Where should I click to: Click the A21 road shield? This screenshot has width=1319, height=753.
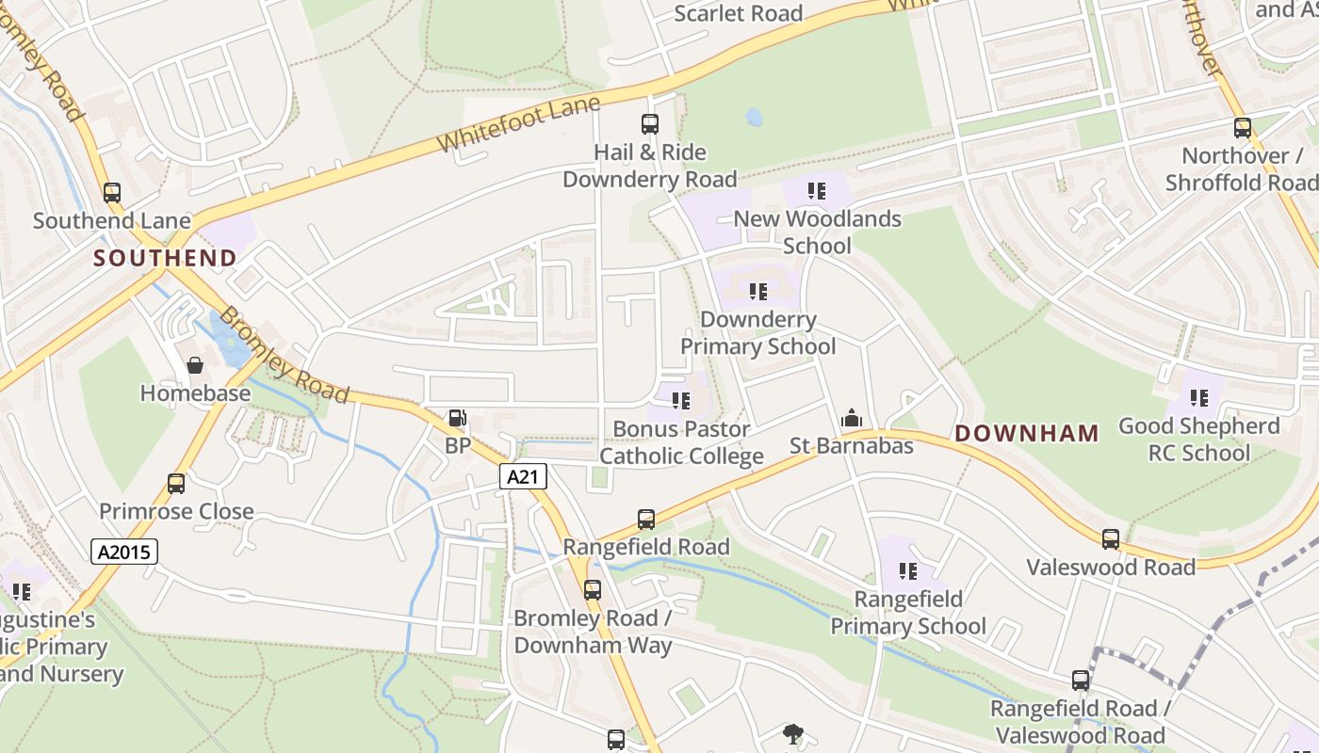click(522, 476)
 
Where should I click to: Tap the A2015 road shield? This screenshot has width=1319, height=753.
click(124, 551)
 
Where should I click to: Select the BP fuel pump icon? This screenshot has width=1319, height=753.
click(457, 418)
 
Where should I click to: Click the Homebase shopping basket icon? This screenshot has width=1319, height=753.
click(195, 365)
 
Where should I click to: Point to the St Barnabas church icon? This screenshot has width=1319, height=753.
click(851, 418)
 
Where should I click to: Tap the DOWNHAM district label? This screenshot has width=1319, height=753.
click(1027, 434)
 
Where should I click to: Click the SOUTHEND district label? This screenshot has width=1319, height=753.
click(165, 258)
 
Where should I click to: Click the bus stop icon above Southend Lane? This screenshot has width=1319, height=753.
click(112, 193)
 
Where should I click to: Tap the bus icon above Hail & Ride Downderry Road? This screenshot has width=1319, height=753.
click(650, 123)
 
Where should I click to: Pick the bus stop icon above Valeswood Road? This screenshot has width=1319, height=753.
click(1111, 539)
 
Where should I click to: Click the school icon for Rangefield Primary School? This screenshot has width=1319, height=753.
click(908, 570)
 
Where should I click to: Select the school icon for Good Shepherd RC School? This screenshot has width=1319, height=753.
click(1198, 398)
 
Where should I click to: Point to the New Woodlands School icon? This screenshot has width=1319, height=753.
click(817, 191)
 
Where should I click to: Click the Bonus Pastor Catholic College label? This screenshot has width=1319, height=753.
click(681, 442)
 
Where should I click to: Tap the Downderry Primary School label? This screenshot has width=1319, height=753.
click(757, 333)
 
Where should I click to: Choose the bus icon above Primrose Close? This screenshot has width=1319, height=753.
click(176, 484)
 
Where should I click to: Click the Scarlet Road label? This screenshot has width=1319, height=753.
click(739, 13)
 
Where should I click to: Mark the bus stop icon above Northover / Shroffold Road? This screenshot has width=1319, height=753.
click(1243, 128)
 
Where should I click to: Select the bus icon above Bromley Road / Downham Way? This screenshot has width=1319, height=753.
click(592, 590)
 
